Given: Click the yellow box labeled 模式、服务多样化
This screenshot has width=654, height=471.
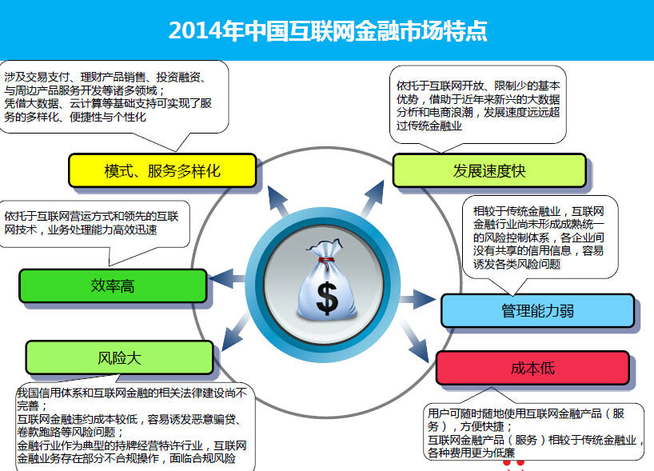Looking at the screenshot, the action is [162, 171].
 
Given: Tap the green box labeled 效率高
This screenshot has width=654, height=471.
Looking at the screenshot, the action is [113, 286].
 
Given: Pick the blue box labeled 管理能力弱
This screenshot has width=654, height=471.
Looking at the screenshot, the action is [537, 310].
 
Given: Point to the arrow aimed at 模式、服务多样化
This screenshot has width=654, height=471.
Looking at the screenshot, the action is [277, 200].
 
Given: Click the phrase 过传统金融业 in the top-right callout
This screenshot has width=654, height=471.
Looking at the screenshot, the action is [429, 125].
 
